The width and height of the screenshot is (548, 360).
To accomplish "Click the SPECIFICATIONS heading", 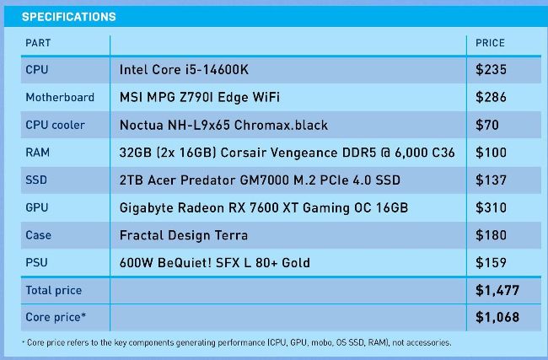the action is click(x=68, y=17).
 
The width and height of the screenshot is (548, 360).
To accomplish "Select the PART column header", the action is click(x=38, y=43).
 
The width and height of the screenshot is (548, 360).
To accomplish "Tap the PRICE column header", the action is click(x=490, y=43).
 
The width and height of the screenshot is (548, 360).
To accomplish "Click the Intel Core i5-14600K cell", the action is click(x=184, y=69).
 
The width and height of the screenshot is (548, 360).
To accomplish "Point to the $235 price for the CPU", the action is click(x=491, y=69).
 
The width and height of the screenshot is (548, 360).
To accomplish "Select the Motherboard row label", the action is click(x=60, y=97).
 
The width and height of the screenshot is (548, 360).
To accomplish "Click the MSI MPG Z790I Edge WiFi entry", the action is click(x=200, y=97).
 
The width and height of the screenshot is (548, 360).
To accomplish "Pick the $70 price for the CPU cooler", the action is click(x=486, y=125).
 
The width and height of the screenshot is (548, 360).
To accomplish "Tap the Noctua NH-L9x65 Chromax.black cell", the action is click(x=223, y=125).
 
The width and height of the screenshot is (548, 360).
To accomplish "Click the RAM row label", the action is click(x=37, y=153).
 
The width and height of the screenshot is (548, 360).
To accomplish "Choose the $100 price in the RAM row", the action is click(x=491, y=153).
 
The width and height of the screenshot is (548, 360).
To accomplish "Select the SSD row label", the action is click(x=36, y=180).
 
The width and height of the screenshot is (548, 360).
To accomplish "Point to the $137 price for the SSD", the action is click(x=491, y=180).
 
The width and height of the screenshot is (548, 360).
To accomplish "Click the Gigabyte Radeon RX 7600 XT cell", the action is click(x=264, y=208).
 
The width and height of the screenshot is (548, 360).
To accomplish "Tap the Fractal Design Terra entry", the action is click(x=184, y=235).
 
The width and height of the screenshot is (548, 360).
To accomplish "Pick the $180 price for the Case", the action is click(x=491, y=235).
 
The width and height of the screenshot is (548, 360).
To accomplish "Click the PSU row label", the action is click(x=36, y=262).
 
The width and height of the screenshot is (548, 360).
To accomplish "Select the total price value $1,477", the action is click(x=497, y=291).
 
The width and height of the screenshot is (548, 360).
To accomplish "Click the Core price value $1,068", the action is click(x=497, y=317).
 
